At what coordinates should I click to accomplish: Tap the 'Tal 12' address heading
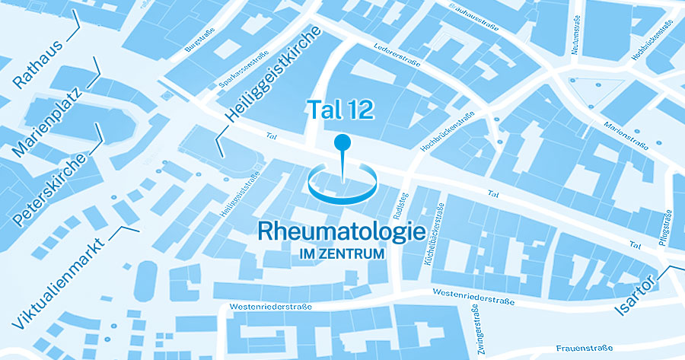[340, 110]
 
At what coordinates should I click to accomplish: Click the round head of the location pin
[342, 142]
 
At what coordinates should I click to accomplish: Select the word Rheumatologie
[340, 231]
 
